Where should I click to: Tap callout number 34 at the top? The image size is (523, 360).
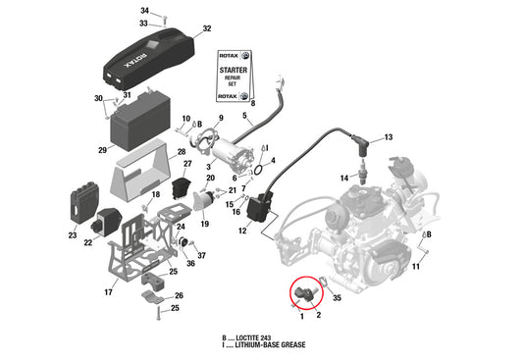click(144, 10)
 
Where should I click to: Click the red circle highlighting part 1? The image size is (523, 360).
click(305, 291)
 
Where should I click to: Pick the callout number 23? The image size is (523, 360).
click(73, 235)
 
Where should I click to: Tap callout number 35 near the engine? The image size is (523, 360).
click(337, 296)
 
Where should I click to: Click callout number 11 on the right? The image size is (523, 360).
click(416, 267)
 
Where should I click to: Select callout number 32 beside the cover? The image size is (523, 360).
click(206, 29)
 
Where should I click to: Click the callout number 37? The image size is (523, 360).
click(201, 255)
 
